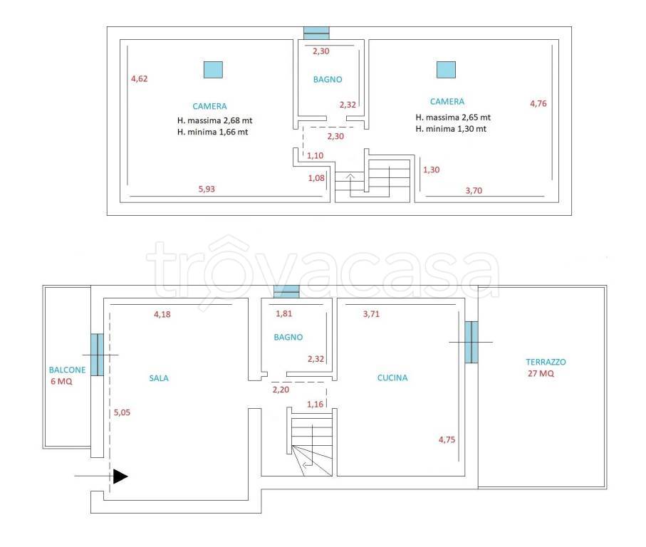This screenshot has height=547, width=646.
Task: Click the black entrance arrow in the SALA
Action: point(120,476)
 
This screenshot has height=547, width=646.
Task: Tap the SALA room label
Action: point(159,378)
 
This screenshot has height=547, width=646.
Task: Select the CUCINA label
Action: point(392,377)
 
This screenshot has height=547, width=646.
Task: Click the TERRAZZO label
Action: point(546,362)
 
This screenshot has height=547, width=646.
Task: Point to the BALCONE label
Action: point(67,370)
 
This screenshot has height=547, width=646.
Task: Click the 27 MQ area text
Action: point(541,374)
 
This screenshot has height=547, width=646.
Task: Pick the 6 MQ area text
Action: point(61,382)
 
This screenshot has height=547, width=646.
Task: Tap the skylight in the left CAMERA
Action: point(214,70)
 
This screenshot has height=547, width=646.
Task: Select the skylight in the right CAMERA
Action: point(446,70)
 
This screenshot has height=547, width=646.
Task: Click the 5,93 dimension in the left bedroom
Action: point(207,189)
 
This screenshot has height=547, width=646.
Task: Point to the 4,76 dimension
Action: point(538,103)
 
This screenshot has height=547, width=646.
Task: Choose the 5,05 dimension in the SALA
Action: point(122,412)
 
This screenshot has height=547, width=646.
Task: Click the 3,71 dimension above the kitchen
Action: point(371,314)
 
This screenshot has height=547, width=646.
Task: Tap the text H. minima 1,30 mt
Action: point(451,128)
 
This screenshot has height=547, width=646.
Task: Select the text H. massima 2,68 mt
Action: point(214,120)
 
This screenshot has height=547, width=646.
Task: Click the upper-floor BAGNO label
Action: point(328,80)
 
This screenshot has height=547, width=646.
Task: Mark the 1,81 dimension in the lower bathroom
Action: point(284,313)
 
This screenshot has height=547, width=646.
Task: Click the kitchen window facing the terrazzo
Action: point(472,342)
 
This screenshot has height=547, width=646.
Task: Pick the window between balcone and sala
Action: point(98,355)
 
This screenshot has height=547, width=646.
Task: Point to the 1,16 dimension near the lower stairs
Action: point(316,404)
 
